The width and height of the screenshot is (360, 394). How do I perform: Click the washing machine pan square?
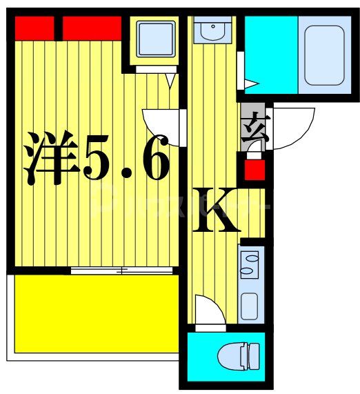(x=154, y=39)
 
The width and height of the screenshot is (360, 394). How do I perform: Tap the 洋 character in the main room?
(x=50, y=159)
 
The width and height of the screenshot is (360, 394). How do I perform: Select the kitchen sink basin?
(x=249, y=304)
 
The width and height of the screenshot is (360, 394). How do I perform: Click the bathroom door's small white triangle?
(x=250, y=84)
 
